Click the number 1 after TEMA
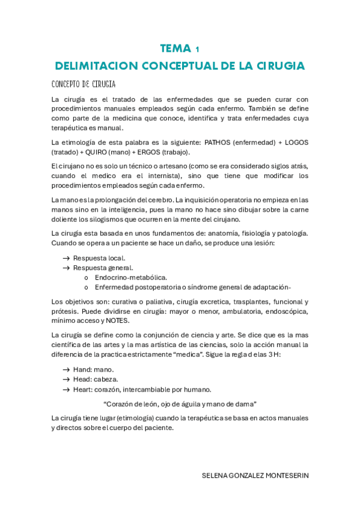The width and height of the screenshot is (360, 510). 198,49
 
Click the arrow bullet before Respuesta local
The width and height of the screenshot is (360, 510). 66,258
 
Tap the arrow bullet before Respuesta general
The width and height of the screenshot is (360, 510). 66,268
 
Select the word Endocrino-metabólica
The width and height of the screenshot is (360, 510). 131,277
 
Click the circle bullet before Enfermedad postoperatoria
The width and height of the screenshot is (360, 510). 87,287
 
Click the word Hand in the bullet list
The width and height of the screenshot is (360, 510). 83,369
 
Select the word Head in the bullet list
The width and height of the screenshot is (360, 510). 83,379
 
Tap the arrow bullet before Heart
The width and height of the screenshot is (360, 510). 66,389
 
